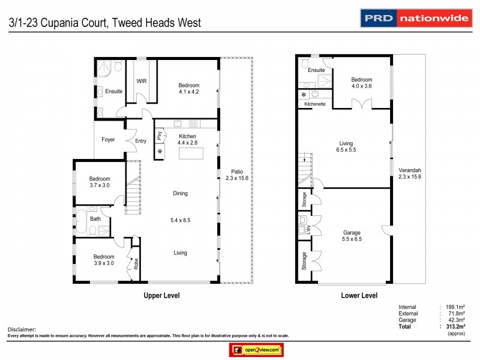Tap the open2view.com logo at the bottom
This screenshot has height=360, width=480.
[x=256, y=350]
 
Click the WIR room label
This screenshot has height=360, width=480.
[x=142, y=81]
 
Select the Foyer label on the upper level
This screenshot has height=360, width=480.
[x=108, y=140]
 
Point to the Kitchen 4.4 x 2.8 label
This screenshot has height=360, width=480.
[x=187, y=139]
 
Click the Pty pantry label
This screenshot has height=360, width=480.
[x=160, y=136]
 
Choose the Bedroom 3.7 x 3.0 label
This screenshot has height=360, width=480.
[x=100, y=182]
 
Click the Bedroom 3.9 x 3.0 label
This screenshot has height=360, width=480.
[x=100, y=260]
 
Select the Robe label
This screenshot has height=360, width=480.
[x=136, y=262]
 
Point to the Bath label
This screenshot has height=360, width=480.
[x=95, y=219]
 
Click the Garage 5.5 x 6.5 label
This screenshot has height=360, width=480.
[x=352, y=235]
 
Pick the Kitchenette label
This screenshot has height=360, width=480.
[x=315, y=104]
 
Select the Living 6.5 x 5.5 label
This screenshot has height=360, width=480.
[x=347, y=146]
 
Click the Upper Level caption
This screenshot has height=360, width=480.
[x=161, y=295]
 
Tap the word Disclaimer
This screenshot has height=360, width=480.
[x=22, y=329]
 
